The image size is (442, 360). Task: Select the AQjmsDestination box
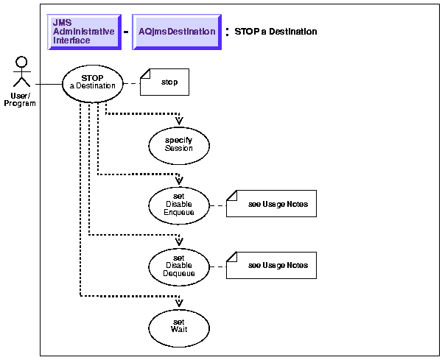177,32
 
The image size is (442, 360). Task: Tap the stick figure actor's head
21,62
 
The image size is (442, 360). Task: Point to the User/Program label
20,99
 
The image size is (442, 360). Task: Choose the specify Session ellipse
178,144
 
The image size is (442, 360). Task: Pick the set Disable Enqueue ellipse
178,204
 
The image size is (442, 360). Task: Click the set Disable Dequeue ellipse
178,264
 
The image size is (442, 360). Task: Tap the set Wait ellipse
178,324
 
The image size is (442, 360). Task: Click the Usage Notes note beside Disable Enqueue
271,204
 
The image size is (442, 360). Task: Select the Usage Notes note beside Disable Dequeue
271,264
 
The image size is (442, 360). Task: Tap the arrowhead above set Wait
179,301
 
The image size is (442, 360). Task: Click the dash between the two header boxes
125,33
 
